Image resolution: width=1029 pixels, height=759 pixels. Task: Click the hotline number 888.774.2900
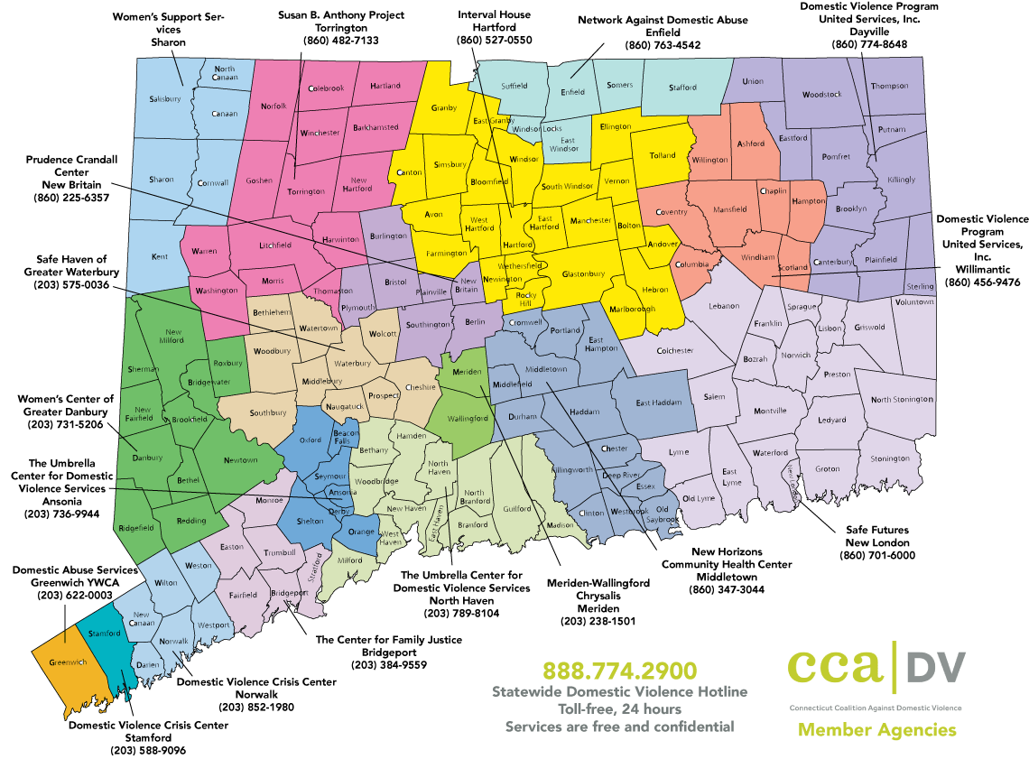(x=619, y=671)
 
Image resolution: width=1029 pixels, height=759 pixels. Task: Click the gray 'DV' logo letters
(x=934, y=668)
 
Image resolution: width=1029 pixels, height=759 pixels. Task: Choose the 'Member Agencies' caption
(x=876, y=730)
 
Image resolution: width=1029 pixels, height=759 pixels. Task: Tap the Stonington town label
(x=889, y=458)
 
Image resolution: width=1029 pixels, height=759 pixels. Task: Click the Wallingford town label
(x=468, y=419)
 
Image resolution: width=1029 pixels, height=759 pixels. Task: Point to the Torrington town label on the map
(x=305, y=192)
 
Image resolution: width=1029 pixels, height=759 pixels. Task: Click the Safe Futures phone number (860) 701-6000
(x=876, y=555)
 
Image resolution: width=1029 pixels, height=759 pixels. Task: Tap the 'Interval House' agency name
(x=494, y=15)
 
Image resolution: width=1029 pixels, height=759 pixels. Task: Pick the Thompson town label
(x=890, y=86)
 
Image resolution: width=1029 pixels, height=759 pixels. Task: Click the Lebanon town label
(x=723, y=306)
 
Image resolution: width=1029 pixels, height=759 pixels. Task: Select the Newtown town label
(x=240, y=460)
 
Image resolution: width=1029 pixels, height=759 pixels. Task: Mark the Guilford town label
(x=517, y=509)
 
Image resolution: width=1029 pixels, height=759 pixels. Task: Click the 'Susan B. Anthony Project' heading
(x=341, y=15)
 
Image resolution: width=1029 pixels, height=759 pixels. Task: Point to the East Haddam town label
(x=655, y=403)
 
